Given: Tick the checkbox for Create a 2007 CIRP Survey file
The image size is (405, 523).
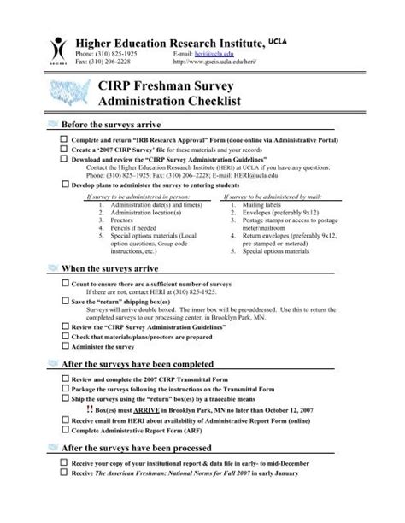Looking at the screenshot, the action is click(x=63, y=148).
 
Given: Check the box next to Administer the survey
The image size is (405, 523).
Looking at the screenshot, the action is click(x=63, y=347).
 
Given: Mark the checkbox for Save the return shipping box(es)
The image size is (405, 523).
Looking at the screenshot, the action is click(x=63, y=302).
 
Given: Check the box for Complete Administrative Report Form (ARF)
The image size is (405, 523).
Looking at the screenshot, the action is click(x=63, y=429).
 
